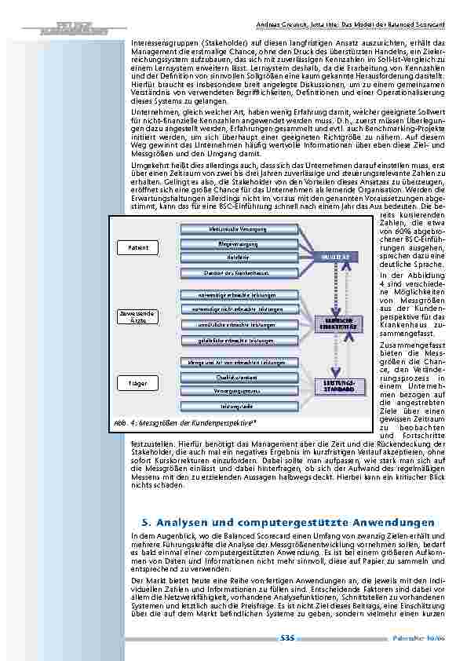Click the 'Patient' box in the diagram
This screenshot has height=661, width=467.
coord(138,248)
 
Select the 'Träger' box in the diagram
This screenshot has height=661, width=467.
coord(138,383)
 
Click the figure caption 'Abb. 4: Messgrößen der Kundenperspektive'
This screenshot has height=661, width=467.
coord(184,422)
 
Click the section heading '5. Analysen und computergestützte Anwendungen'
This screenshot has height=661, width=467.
coord(287,522)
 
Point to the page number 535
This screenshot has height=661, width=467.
coord(287,639)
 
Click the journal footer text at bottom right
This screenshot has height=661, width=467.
coord(425,639)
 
